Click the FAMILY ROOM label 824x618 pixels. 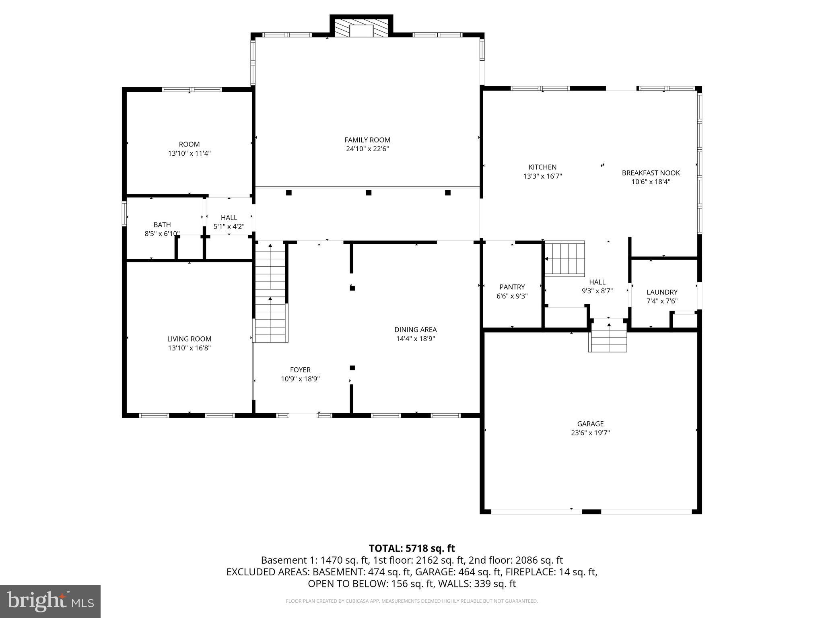click(367, 140)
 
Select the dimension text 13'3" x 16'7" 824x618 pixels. click(542, 176)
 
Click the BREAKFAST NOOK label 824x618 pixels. click(651, 173)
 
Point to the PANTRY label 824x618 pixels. click(512, 287)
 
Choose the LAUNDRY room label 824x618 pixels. click(662, 292)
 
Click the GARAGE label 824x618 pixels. click(590, 424)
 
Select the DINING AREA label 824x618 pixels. click(415, 330)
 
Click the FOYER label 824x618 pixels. click(300, 370)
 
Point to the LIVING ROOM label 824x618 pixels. click(189, 339)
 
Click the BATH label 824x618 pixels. click(162, 225)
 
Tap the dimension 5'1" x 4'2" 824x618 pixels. click(229, 227)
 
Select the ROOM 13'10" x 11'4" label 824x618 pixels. click(189, 144)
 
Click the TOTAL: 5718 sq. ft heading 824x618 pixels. click(412, 548)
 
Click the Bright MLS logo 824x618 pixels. click(50, 602)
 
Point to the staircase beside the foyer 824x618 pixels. click(271, 294)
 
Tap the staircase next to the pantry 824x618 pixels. click(564, 259)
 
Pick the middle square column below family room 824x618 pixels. click(368, 193)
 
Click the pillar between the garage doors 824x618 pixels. click(591, 512)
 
